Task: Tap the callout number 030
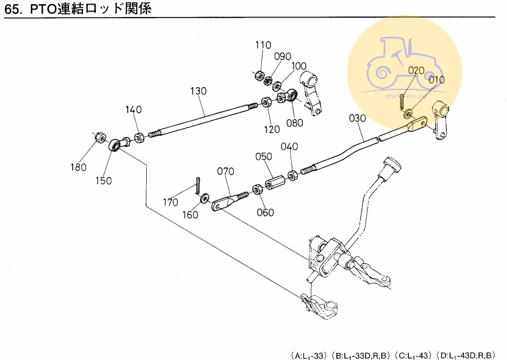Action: tap(357, 117)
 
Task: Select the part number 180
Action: tap(79, 167)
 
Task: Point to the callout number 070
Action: tap(225, 171)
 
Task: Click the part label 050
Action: tap(264, 157)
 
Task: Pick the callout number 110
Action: tap(263, 45)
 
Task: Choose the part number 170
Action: tap(170, 203)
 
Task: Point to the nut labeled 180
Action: tap(101, 138)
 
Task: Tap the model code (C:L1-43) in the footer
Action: tap(413, 355)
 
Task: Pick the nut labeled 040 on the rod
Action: tap(292, 174)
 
